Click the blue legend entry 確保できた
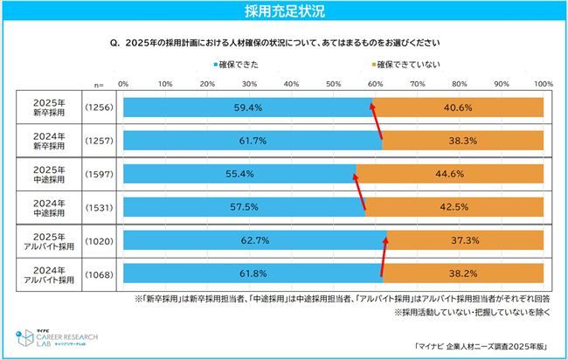[x=239, y=66]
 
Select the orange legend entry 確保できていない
[x=409, y=66]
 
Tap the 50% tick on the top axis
[x=334, y=84]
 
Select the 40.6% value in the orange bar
[x=463, y=107]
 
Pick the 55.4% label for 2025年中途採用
[x=239, y=173]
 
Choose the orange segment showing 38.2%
[x=463, y=272]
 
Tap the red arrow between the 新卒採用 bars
[x=377, y=123]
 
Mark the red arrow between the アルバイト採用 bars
[x=384, y=255]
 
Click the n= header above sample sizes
[x=99, y=85]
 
